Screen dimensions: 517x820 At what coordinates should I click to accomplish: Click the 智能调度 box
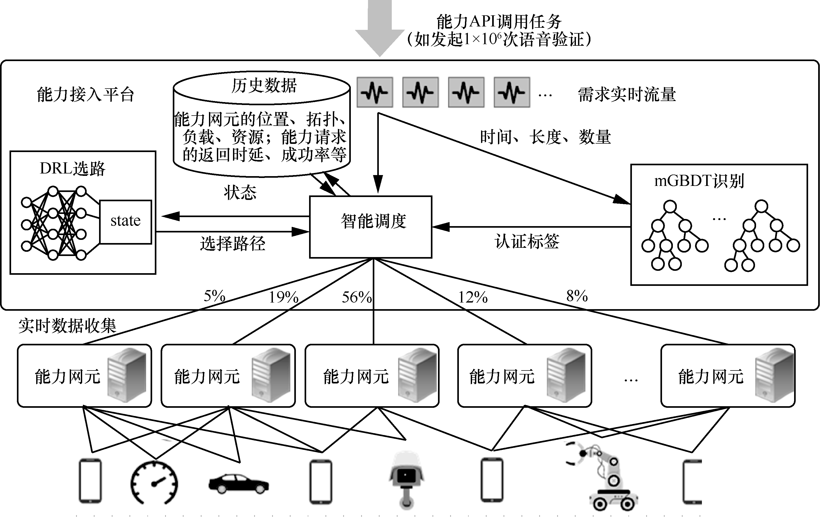370,227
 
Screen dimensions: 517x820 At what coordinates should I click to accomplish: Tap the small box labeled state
125,222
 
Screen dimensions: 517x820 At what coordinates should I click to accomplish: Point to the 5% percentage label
215,296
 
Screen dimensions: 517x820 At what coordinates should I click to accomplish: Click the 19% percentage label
283,298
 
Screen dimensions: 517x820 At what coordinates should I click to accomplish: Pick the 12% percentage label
473,298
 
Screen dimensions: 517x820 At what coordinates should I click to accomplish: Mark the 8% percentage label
577,296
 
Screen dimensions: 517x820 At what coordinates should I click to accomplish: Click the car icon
238,483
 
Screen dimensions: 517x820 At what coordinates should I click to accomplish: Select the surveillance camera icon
406,479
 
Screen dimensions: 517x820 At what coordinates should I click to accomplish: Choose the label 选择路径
232,244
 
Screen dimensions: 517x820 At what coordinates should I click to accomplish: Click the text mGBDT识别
699,181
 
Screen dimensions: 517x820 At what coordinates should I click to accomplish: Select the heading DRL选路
73,168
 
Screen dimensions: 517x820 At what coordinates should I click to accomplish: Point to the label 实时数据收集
67,326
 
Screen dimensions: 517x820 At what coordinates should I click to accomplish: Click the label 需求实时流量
627,94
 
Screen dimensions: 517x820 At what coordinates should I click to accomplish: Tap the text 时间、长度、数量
545,137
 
